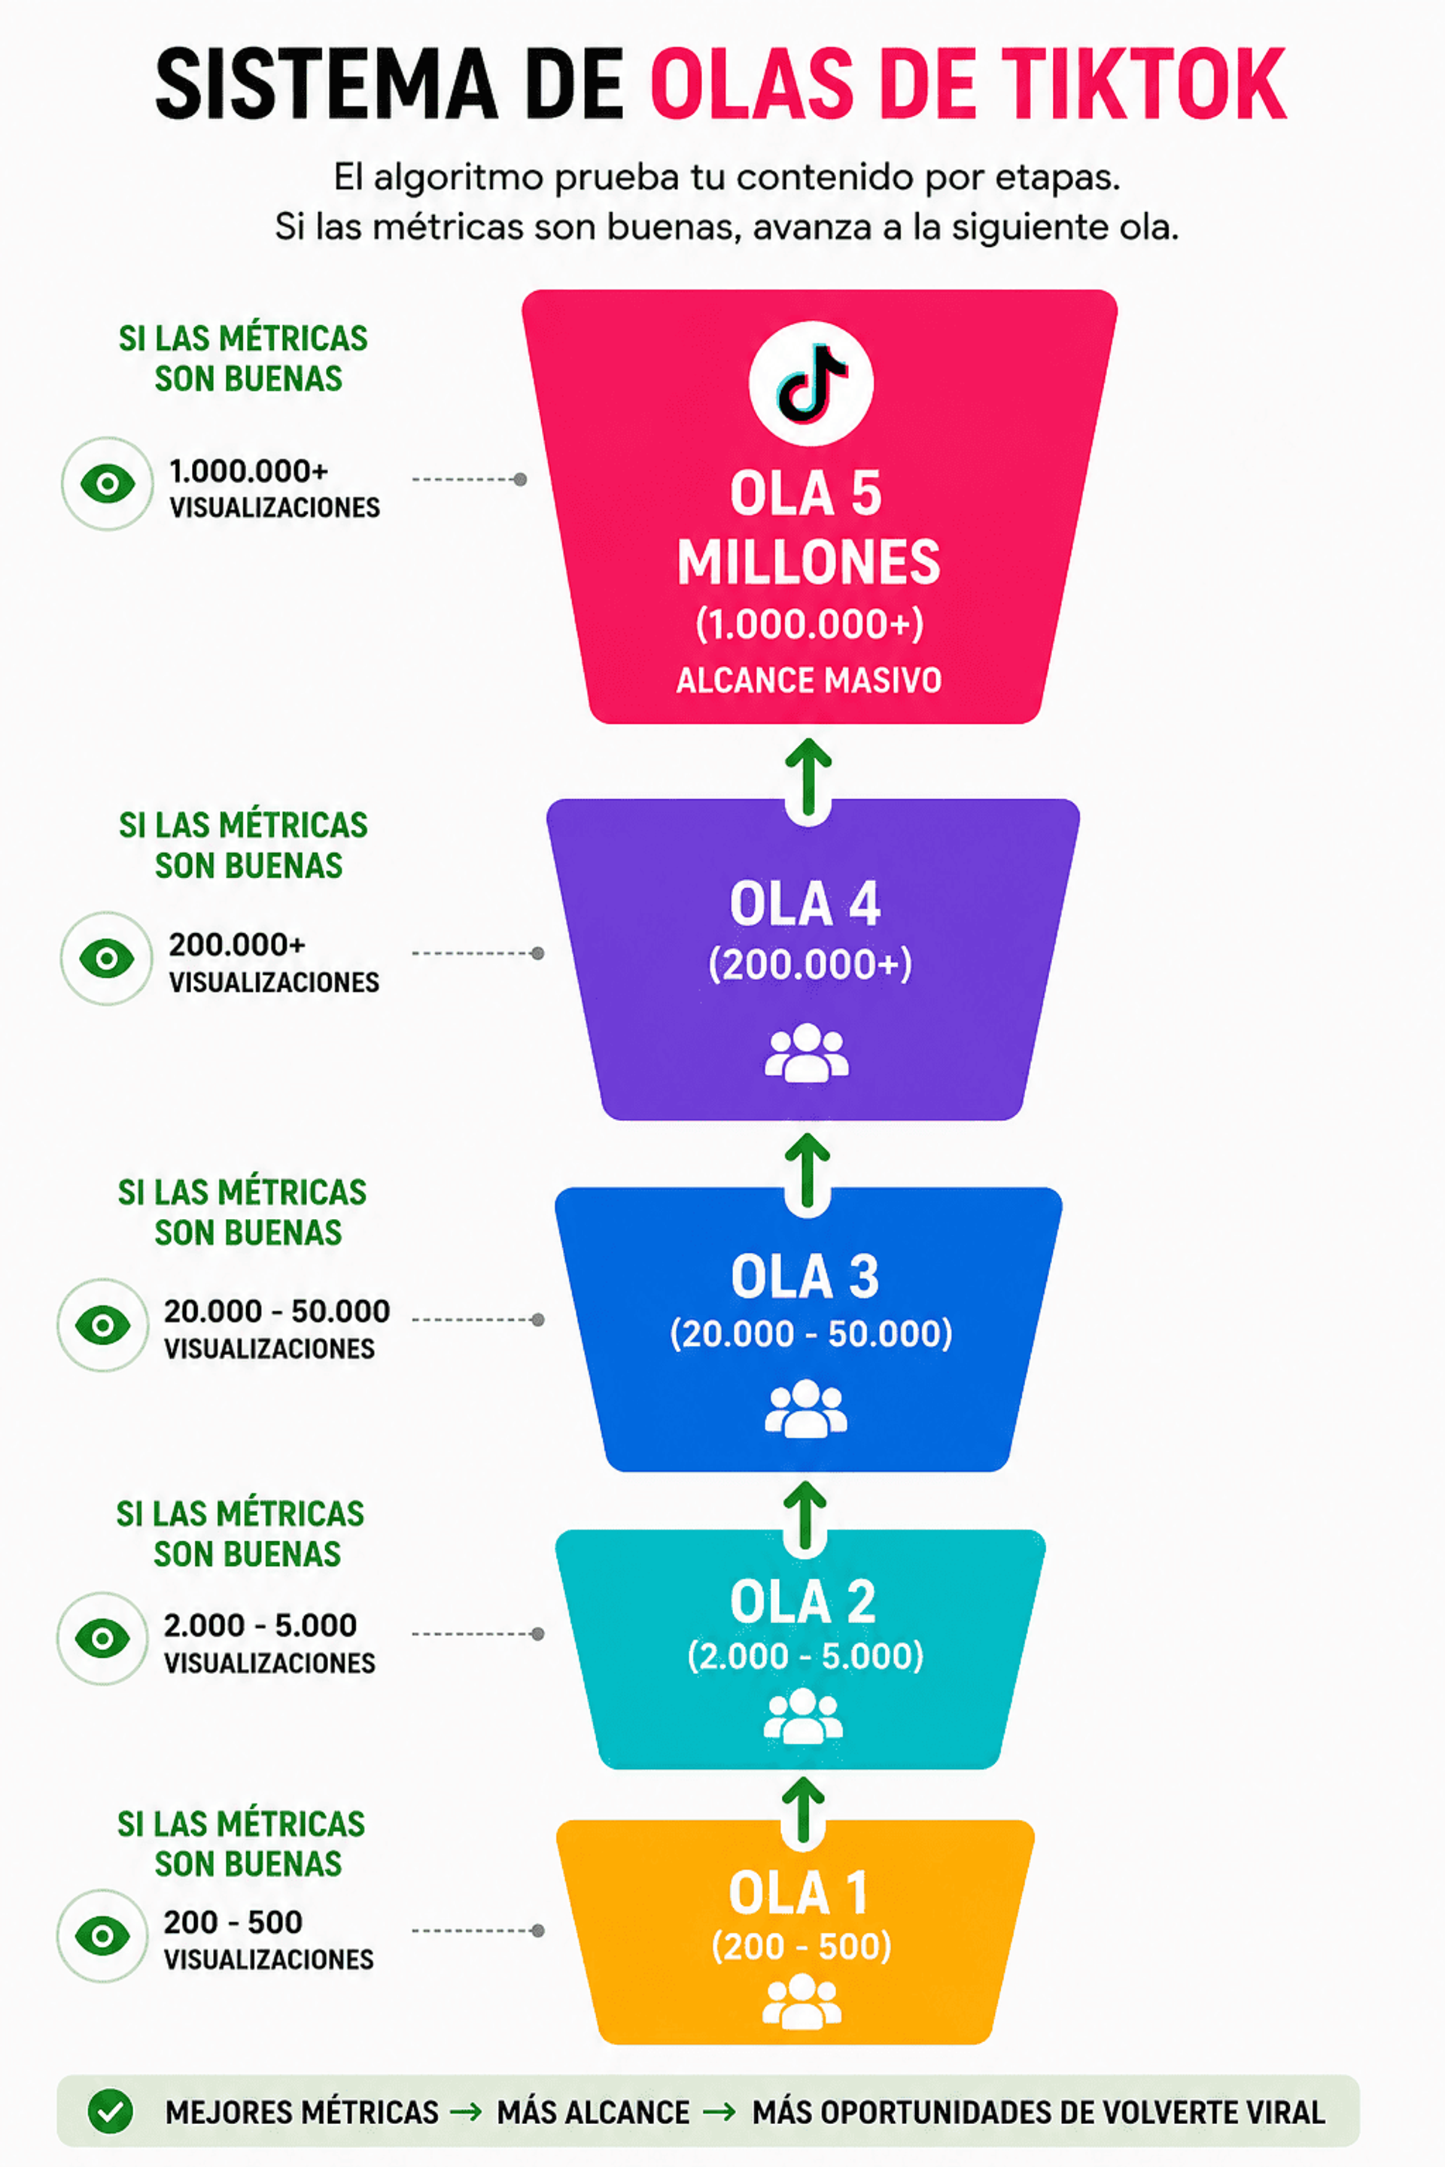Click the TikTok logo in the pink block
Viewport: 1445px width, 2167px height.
click(x=811, y=383)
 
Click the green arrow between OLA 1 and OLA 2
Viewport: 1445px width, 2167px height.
click(x=804, y=1811)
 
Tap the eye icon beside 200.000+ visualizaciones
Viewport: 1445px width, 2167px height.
click(x=107, y=958)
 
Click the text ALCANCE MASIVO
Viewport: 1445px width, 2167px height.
click(x=809, y=680)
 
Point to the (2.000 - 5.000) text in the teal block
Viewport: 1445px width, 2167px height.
click(x=805, y=1655)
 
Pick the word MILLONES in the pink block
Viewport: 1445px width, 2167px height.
click(x=809, y=562)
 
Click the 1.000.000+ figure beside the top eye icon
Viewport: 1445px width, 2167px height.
click(x=249, y=471)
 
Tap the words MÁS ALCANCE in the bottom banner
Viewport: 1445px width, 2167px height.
click(x=594, y=2112)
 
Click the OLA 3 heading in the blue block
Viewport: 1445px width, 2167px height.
click(x=805, y=1276)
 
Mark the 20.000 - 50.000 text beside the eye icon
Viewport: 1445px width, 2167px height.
click(x=276, y=1310)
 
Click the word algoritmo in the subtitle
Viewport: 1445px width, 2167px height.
click(x=458, y=178)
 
